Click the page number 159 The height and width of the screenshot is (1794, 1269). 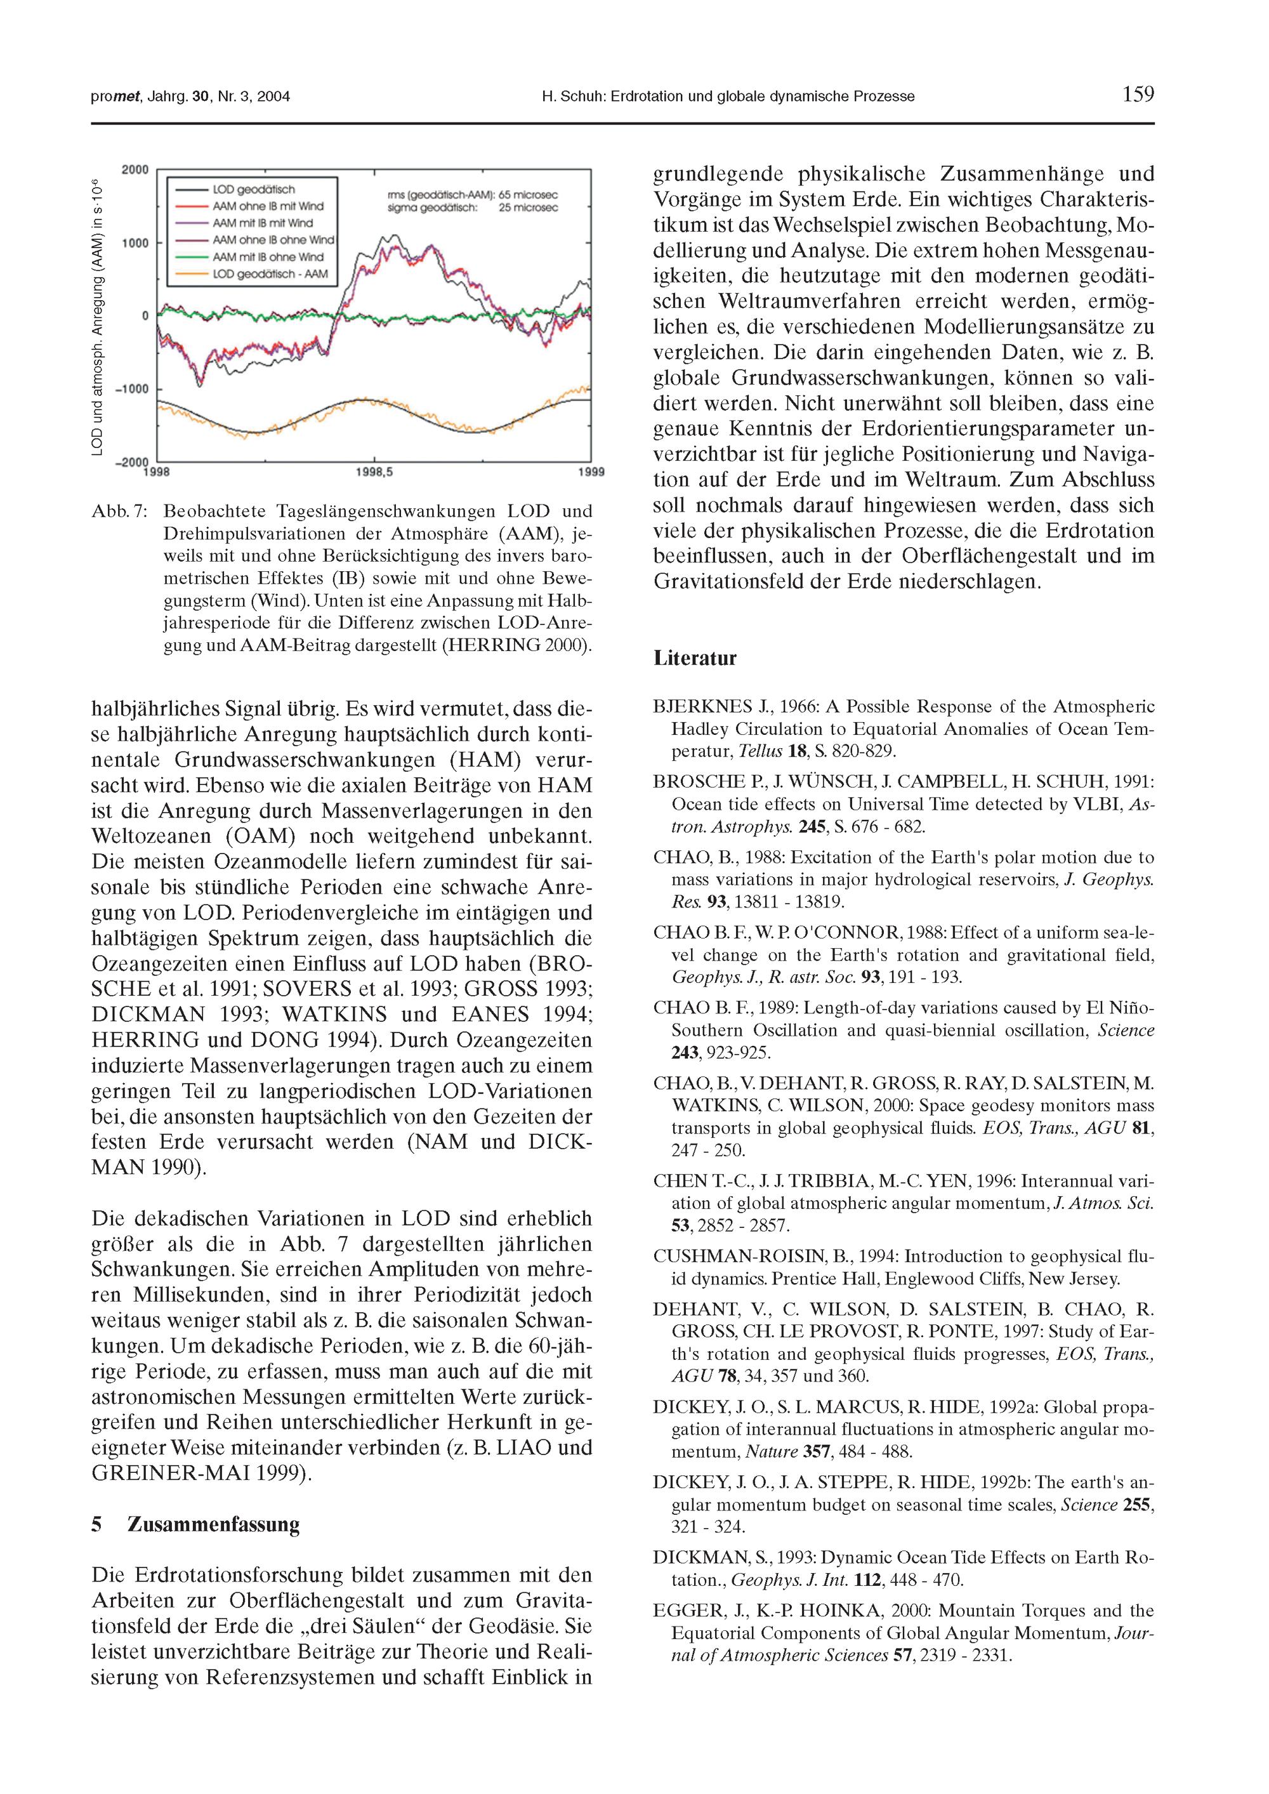coord(1137,95)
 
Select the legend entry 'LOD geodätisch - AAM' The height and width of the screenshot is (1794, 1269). coord(270,274)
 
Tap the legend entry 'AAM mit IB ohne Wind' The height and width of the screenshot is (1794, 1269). coord(267,257)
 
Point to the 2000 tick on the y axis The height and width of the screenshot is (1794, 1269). coord(135,169)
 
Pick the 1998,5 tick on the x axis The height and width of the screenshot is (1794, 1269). coord(374,472)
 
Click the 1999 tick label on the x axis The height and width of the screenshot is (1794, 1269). coord(591,472)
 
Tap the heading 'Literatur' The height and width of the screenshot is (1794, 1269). coord(695,658)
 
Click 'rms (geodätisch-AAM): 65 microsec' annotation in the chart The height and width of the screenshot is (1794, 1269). coord(472,195)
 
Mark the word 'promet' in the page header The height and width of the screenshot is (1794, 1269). coord(115,97)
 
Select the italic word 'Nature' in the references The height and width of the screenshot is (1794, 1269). coord(772,1452)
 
